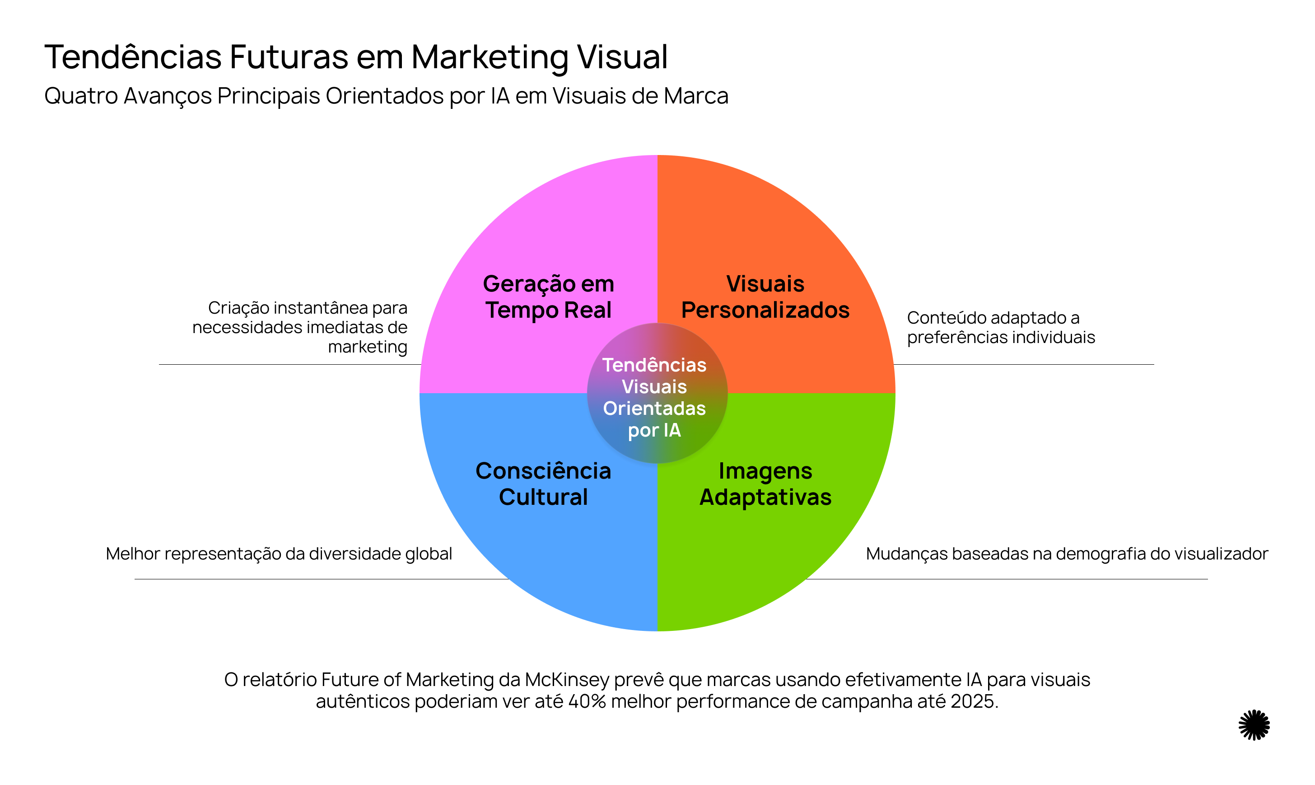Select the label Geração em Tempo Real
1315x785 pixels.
coord(548,297)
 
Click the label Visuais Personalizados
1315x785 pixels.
coord(765,297)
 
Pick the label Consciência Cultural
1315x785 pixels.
coord(543,484)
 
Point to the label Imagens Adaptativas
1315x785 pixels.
coord(765,484)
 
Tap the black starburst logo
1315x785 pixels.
coord(1254,725)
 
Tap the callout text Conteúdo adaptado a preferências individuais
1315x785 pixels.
coord(1001,328)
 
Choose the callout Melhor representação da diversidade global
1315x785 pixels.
coord(279,554)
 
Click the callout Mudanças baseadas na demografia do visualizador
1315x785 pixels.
coord(1067,554)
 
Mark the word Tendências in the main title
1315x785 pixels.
coord(133,57)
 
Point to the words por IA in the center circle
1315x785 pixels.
coord(654,431)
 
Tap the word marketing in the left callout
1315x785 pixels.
coord(367,347)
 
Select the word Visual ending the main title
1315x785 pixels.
coord(622,57)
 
